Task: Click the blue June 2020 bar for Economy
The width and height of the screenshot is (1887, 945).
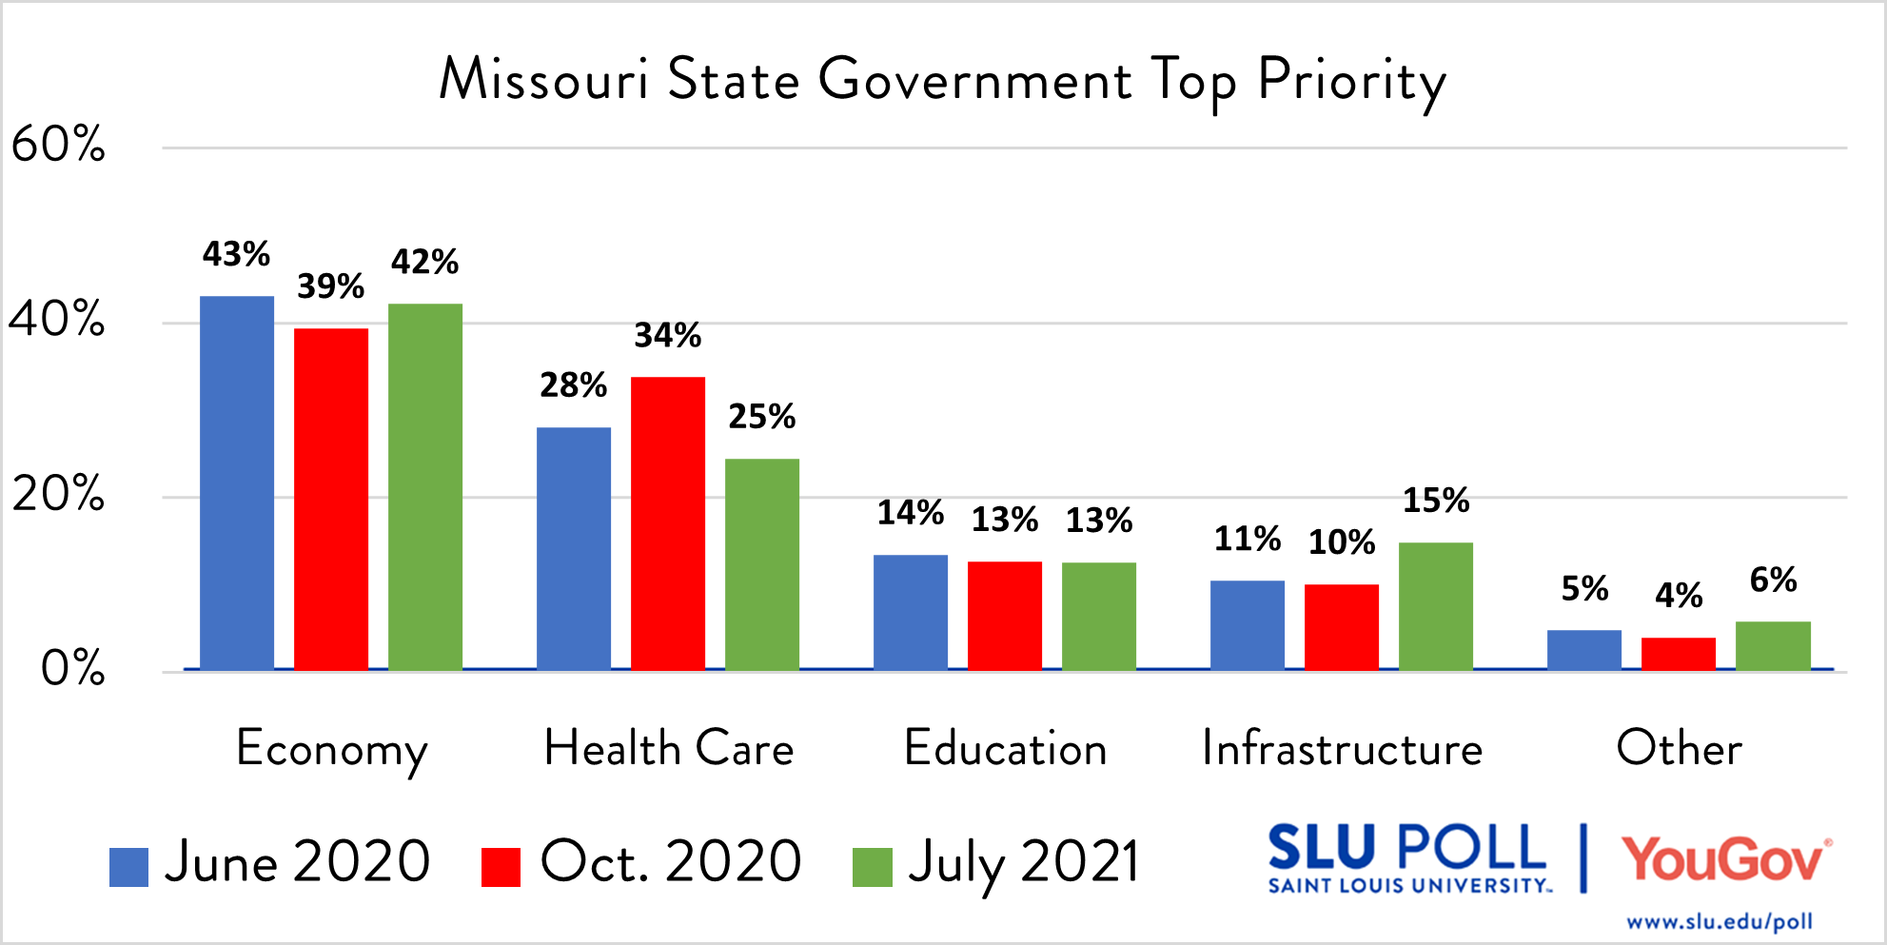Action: point(237,483)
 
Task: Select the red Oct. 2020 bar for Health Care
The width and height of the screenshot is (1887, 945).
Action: point(668,523)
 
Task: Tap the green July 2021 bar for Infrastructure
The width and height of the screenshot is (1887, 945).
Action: point(1436,606)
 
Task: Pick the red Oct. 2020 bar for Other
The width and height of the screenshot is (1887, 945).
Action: point(1679,654)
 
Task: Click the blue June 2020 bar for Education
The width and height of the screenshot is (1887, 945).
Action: point(911,612)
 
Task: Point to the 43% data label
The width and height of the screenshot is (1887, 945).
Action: point(236,254)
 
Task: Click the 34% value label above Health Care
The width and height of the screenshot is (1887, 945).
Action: point(668,335)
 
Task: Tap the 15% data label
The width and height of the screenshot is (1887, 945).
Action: point(1436,500)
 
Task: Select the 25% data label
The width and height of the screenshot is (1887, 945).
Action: point(762,416)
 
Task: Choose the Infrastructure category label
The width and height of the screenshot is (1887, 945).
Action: point(1342,748)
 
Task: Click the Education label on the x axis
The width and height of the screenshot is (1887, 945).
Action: point(1006,748)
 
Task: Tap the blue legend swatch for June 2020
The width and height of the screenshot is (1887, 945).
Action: point(128,867)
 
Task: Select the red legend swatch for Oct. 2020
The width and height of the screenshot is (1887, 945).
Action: point(501,867)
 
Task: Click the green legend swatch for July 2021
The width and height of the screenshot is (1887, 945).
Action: point(872,867)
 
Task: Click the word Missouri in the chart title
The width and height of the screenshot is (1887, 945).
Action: point(543,79)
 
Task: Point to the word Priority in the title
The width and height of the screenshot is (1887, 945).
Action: point(1351,81)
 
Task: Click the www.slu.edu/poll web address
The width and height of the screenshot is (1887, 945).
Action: point(1720,921)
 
